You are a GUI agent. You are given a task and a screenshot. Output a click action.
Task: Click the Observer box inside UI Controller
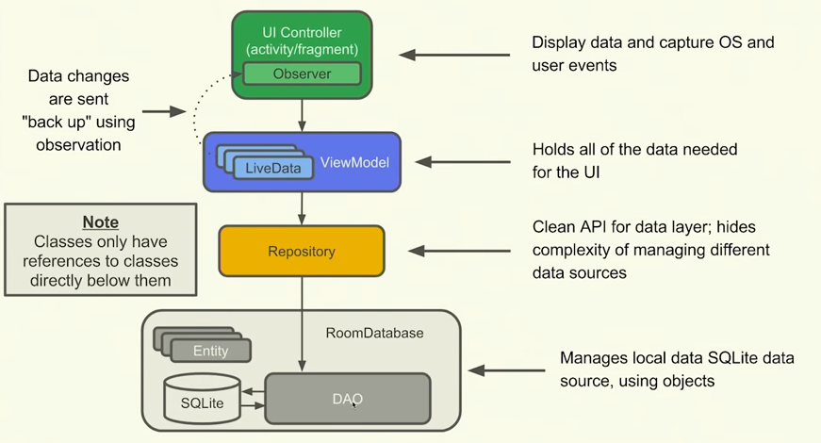click(x=302, y=73)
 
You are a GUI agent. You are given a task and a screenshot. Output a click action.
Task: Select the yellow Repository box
click(x=302, y=252)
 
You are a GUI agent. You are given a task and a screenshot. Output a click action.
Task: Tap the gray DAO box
click(x=348, y=399)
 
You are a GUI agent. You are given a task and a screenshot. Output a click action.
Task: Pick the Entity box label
click(x=210, y=351)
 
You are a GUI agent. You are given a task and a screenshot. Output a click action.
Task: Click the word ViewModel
click(x=354, y=162)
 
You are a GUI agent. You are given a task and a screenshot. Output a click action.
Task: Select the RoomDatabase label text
click(x=374, y=333)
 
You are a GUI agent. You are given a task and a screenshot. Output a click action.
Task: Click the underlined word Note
click(x=100, y=222)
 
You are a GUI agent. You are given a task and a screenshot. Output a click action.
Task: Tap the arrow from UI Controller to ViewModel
click(x=302, y=114)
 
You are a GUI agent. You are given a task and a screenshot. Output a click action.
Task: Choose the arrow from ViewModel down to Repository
click(x=302, y=207)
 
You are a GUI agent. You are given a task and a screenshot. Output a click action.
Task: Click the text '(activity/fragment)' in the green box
click(x=302, y=48)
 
